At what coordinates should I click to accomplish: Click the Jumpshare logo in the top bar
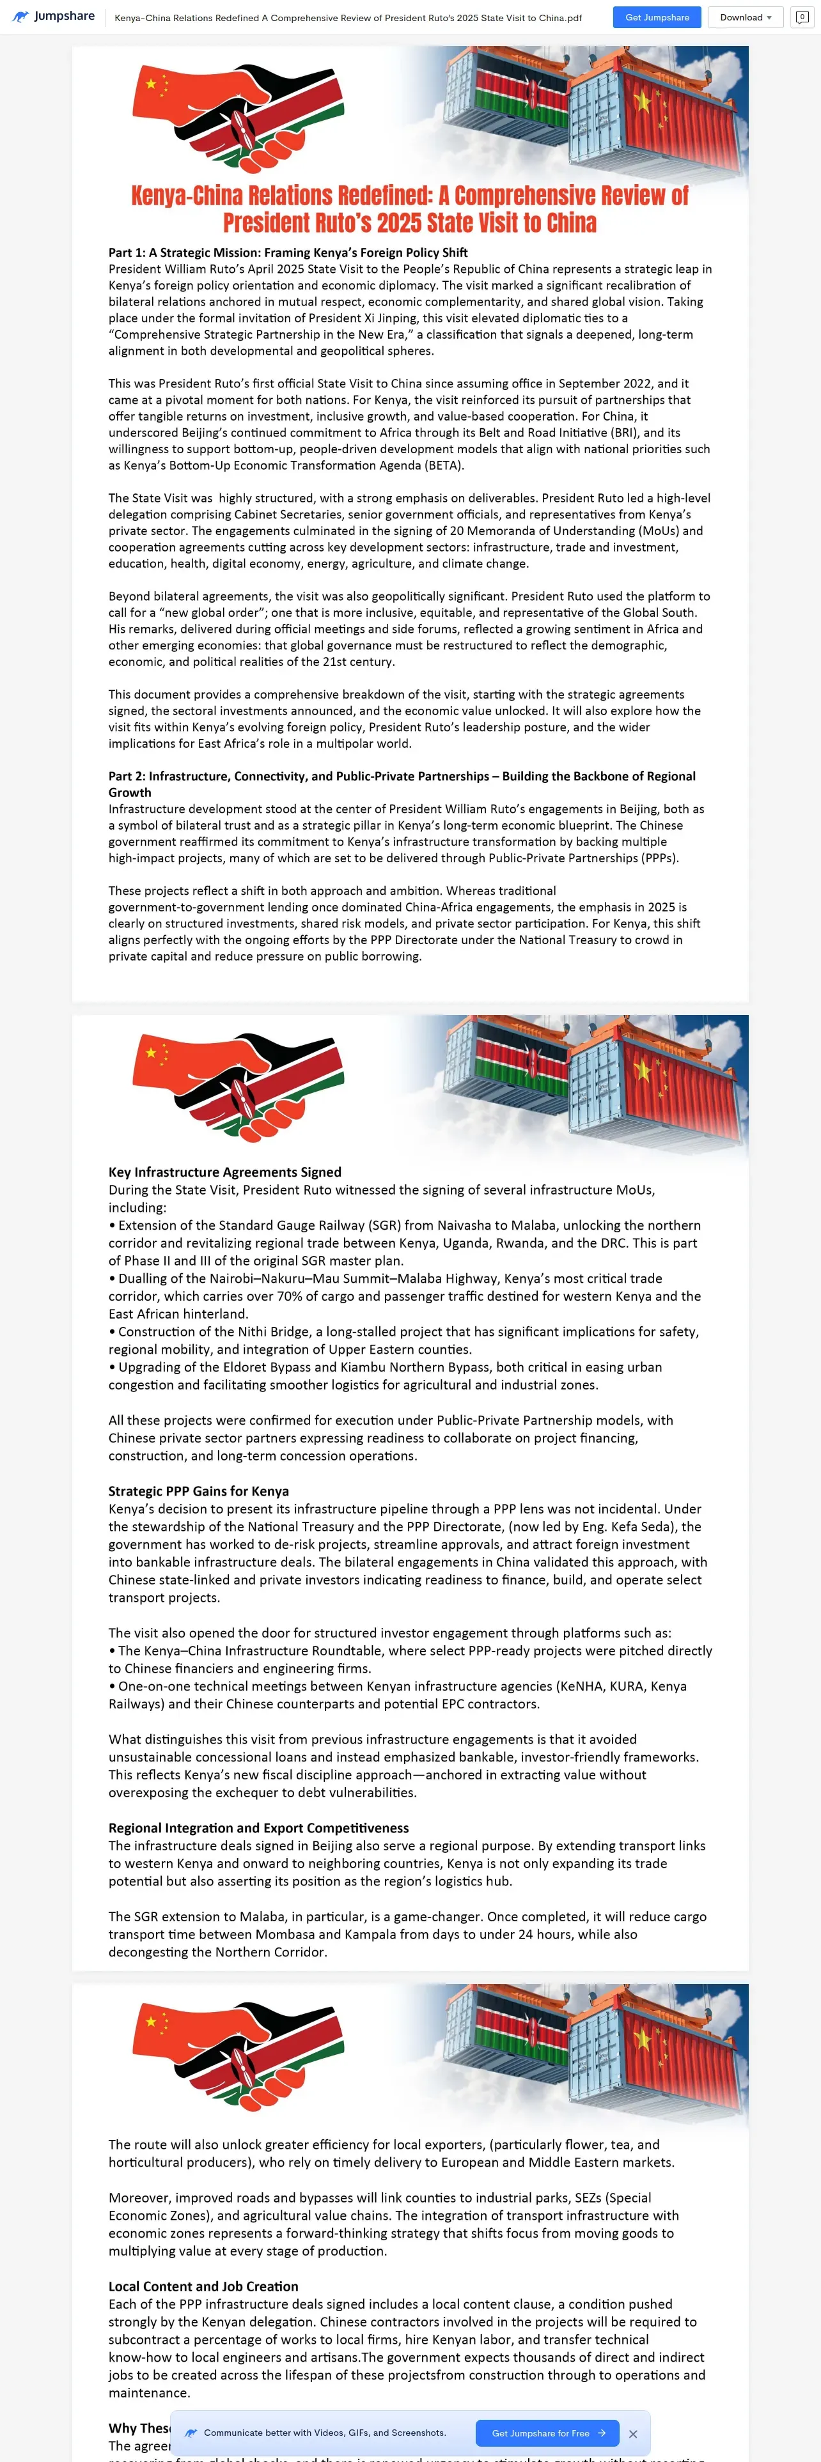click(54, 16)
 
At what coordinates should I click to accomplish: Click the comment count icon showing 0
click(802, 17)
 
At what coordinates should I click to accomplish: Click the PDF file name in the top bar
click(348, 17)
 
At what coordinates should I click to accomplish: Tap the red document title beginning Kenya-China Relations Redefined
click(410, 209)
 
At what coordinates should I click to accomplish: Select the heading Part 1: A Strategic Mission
click(288, 252)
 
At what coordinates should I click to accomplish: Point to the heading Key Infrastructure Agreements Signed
click(224, 1172)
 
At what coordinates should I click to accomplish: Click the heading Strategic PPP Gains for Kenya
click(198, 1491)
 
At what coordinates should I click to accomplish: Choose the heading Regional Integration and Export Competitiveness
click(258, 1827)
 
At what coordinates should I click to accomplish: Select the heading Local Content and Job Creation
click(203, 2286)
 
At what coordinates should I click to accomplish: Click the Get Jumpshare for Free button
click(547, 2433)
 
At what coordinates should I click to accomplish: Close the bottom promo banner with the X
click(633, 2435)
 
